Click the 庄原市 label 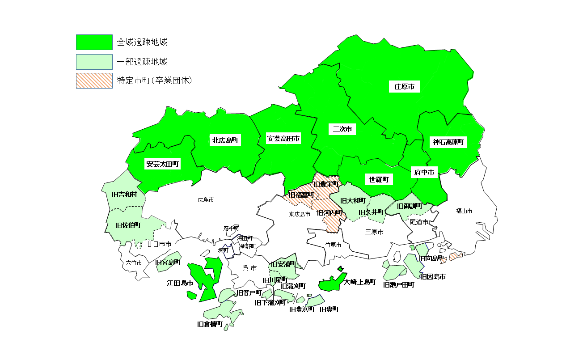point(404,87)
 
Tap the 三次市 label point(342,129)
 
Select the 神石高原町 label point(449,142)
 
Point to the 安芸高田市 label point(283,138)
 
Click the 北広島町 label point(226,140)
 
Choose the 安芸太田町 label point(162,164)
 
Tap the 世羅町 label point(379,179)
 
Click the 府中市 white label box point(424,172)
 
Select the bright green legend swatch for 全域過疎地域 point(94,42)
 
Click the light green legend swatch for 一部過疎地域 point(94,62)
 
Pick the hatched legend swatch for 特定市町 point(94,81)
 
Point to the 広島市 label point(206,200)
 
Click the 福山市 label point(464,211)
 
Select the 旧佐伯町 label point(128,225)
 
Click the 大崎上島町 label point(360,282)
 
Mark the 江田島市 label point(180,283)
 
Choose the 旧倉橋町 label point(210,324)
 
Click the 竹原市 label point(333,245)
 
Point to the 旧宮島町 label point(168,263)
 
